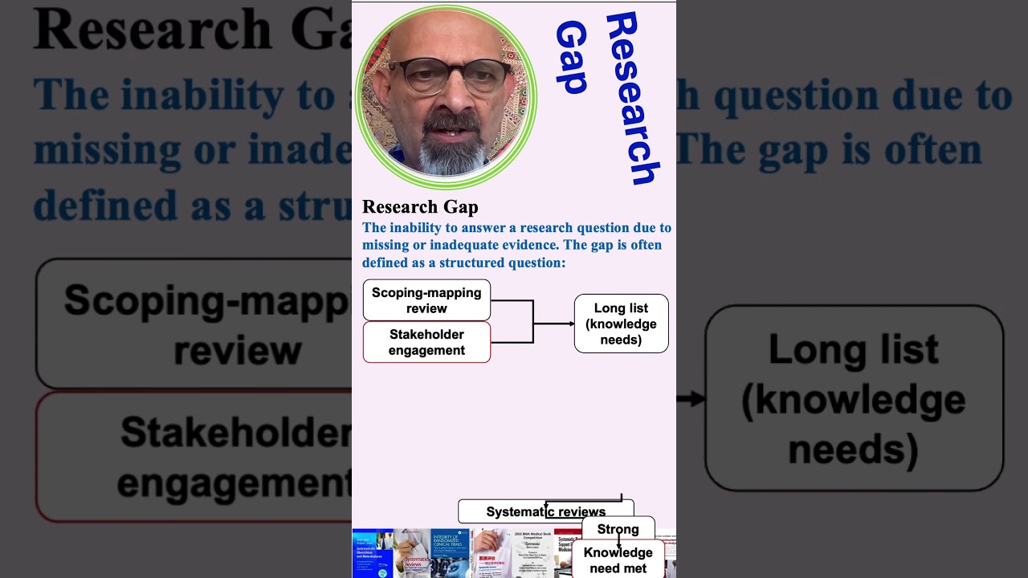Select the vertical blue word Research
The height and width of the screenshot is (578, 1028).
click(x=634, y=98)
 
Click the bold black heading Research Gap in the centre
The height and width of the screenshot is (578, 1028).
click(x=420, y=206)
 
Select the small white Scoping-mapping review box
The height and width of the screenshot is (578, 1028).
click(x=426, y=300)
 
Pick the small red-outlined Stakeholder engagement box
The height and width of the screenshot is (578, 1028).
click(x=426, y=342)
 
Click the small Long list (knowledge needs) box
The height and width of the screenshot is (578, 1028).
click(x=621, y=324)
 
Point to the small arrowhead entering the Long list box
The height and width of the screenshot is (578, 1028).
click(x=570, y=324)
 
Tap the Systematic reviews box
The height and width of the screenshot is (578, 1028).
click(x=545, y=511)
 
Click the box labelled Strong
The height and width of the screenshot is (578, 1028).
click(x=618, y=529)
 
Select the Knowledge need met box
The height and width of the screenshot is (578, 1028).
click(x=618, y=560)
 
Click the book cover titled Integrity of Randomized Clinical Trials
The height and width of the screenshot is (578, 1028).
click(x=451, y=553)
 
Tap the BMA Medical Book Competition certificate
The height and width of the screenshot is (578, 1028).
click(x=532, y=553)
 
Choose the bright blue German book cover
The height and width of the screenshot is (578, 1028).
click(x=372, y=554)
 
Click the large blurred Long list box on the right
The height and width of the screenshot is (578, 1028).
click(x=854, y=398)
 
